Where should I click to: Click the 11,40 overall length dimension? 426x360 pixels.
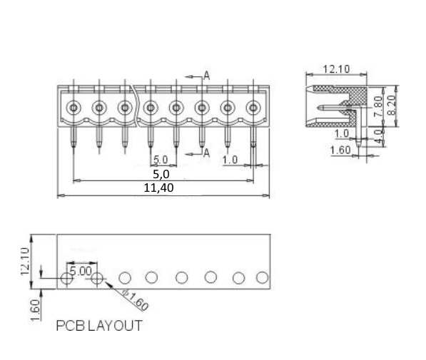(158, 188)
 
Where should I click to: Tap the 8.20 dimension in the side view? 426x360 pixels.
(392, 105)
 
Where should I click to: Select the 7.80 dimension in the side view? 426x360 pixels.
(378, 106)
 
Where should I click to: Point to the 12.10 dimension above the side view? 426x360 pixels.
(336, 69)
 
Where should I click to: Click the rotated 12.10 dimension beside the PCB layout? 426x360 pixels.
(25, 261)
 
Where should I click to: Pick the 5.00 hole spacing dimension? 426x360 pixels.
(81, 271)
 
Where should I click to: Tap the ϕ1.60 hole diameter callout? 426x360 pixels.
(135, 300)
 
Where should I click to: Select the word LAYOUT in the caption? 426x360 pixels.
(115, 326)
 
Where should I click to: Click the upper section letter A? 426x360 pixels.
(207, 76)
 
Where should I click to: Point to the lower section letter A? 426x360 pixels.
(206, 153)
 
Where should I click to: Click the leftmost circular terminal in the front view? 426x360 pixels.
(73, 108)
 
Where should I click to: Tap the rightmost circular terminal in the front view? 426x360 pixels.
(253, 108)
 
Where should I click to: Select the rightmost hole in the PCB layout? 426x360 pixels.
(262, 277)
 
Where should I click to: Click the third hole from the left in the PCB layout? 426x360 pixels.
(125, 278)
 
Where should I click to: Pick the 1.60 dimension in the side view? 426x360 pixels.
(340, 150)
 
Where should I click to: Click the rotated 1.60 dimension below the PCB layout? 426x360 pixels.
(35, 310)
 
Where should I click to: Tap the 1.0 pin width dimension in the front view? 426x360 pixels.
(230, 160)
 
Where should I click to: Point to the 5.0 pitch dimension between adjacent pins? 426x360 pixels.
(161, 160)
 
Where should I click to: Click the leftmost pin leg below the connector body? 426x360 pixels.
(73, 137)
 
